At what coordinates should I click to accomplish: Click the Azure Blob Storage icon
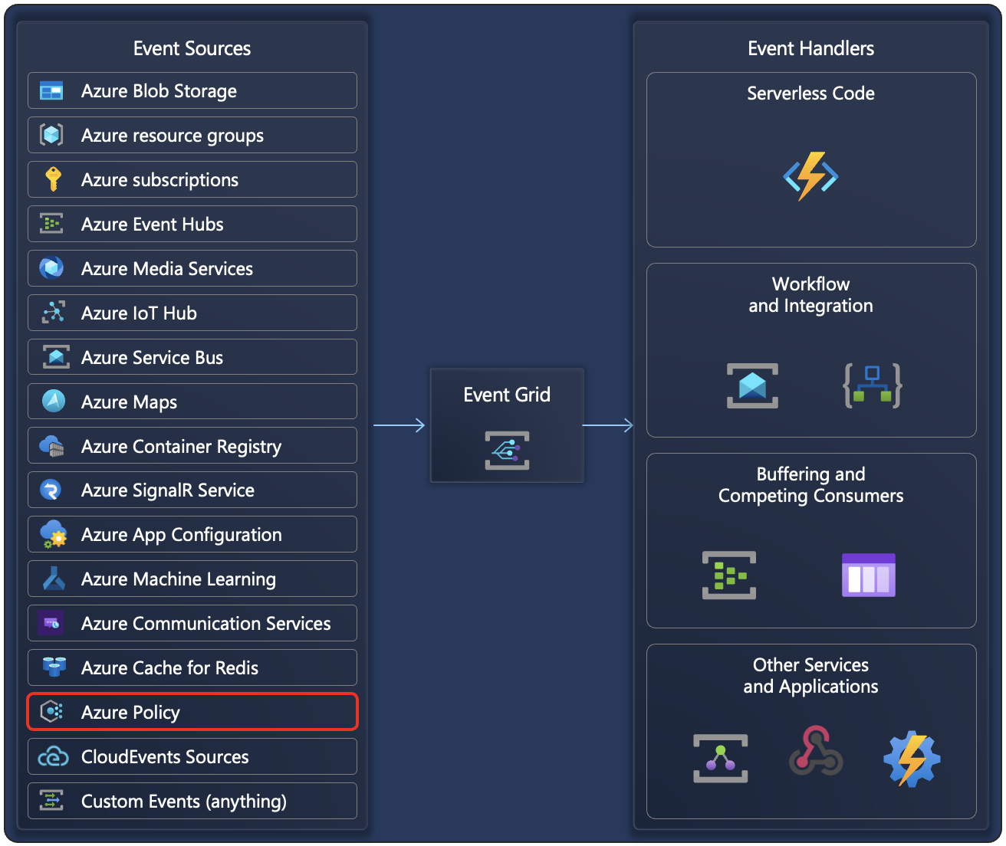(51, 91)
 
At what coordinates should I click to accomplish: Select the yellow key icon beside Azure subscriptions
(53, 179)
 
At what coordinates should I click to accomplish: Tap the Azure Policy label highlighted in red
(130, 713)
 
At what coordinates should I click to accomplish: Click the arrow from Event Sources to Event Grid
(399, 425)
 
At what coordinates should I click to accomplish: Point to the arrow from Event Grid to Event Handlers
(608, 425)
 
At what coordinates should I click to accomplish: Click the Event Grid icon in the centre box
(507, 451)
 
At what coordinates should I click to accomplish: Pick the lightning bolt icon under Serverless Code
(810, 176)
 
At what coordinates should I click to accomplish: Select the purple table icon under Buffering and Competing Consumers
(868, 575)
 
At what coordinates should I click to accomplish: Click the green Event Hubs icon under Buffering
(728, 575)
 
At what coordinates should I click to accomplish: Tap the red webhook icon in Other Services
(816, 752)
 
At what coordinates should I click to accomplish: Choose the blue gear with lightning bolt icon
(911, 759)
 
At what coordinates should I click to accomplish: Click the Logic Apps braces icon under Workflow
(872, 385)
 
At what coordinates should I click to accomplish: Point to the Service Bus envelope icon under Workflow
(752, 385)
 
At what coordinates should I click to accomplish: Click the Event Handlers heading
(810, 48)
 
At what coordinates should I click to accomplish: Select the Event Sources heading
(192, 48)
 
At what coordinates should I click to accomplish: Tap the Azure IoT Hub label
(139, 313)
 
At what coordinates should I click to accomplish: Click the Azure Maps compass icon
(53, 401)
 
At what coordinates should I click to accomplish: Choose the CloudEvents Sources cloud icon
(53, 757)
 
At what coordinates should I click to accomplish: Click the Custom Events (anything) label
(184, 802)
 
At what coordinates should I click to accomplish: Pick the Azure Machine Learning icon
(53, 579)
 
